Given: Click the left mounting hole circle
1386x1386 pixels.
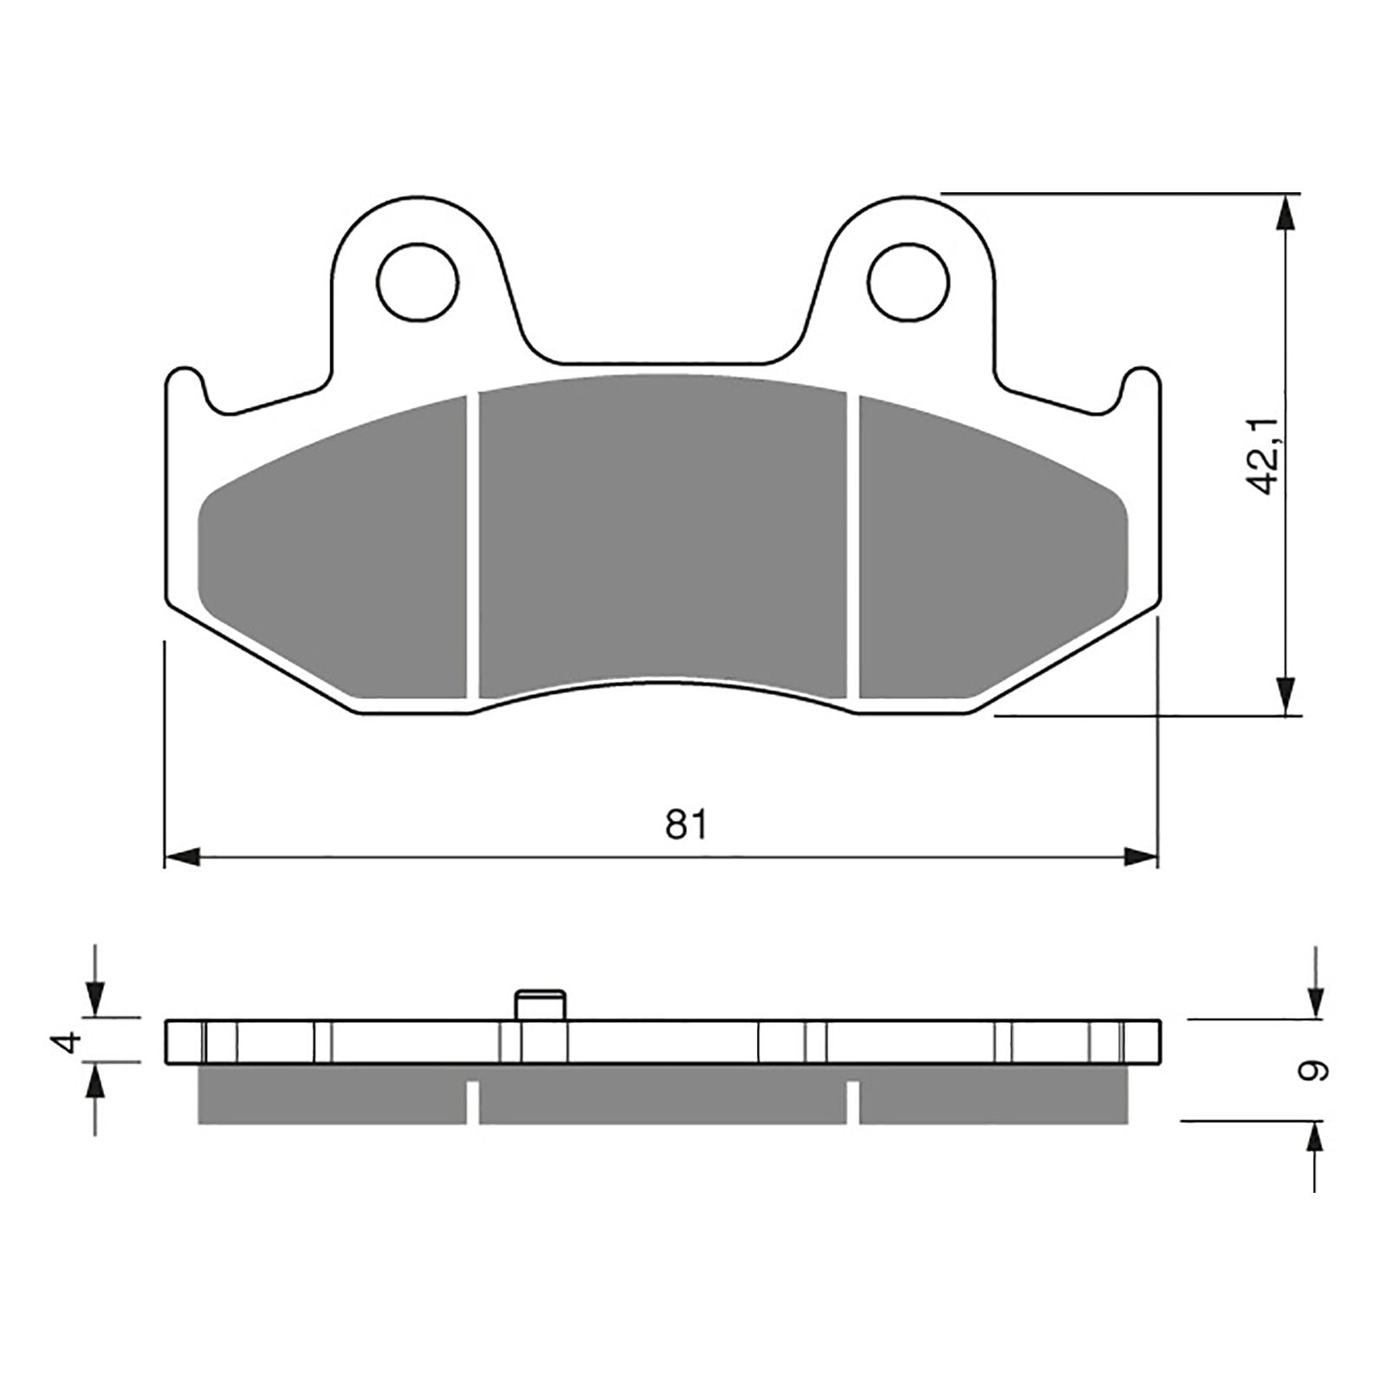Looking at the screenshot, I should [x=418, y=283].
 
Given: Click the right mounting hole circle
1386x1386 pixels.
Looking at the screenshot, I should [x=909, y=283].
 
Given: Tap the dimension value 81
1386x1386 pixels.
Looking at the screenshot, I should [x=686, y=824].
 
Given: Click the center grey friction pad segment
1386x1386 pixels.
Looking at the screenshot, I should [x=663, y=528].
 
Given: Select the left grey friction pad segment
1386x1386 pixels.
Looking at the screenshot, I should [x=338, y=563].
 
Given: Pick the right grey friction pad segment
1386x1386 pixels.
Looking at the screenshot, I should [x=988, y=563].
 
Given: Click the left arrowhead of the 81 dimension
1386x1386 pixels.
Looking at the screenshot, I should [x=182, y=858].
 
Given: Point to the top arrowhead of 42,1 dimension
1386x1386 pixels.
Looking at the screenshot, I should [x=1288, y=212].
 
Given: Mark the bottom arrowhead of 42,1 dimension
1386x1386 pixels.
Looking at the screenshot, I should [x=1288, y=696].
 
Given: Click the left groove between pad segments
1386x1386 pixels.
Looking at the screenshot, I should [x=472, y=546].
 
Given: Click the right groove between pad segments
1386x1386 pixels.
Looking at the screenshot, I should [x=852, y=546].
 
